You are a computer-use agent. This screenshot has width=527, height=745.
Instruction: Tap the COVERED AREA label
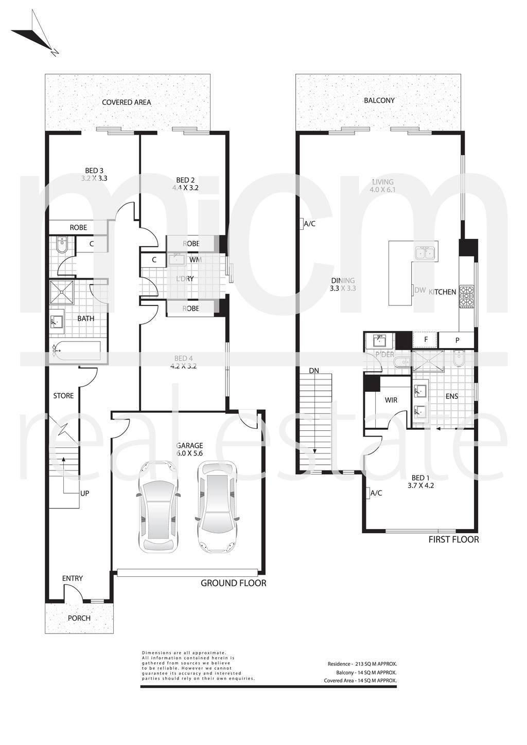pos(126,102)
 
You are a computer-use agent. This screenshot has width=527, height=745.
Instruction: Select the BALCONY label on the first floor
pos(379,100)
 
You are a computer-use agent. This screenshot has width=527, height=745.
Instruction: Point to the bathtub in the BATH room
pos(77,351)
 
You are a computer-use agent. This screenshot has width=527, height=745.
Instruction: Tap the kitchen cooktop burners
pos(466,297)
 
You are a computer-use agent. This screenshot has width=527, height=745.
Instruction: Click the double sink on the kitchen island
pos(425,252)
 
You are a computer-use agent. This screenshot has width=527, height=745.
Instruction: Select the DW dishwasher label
pos(420,290)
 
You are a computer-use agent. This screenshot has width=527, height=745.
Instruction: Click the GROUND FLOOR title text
pos(233,583)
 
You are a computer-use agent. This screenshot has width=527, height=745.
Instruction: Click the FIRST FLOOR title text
pos(453,539)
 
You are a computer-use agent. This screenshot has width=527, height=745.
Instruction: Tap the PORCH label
pos(79,618)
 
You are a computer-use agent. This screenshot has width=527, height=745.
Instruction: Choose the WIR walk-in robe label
pos(391,400)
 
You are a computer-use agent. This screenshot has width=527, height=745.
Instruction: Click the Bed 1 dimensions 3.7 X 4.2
pos(420,485)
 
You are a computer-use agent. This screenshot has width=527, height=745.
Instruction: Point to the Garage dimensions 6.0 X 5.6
pos(189,453)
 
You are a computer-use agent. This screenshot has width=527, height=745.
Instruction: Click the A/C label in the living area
pos(309,224)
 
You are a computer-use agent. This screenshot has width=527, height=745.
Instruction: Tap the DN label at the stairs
pos(314,370)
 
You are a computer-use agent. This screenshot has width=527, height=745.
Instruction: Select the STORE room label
pos(63,395)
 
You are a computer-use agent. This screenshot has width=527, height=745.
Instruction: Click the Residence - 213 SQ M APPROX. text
pos(362,664)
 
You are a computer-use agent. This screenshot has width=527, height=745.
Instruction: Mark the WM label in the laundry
pos(195,260)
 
